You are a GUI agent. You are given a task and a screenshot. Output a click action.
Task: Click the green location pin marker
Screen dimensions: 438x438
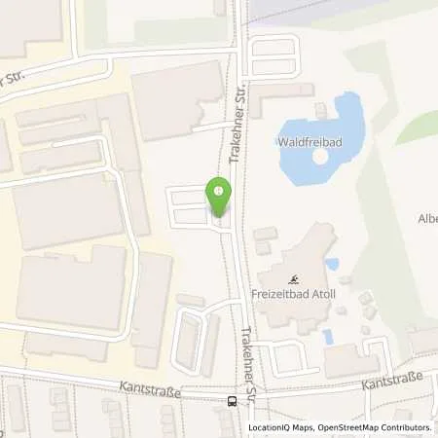(219, 198)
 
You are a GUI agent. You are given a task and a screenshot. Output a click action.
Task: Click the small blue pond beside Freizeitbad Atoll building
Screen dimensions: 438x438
(332, 264)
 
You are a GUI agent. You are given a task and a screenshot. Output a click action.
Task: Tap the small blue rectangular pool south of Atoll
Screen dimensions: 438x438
(327, 336)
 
